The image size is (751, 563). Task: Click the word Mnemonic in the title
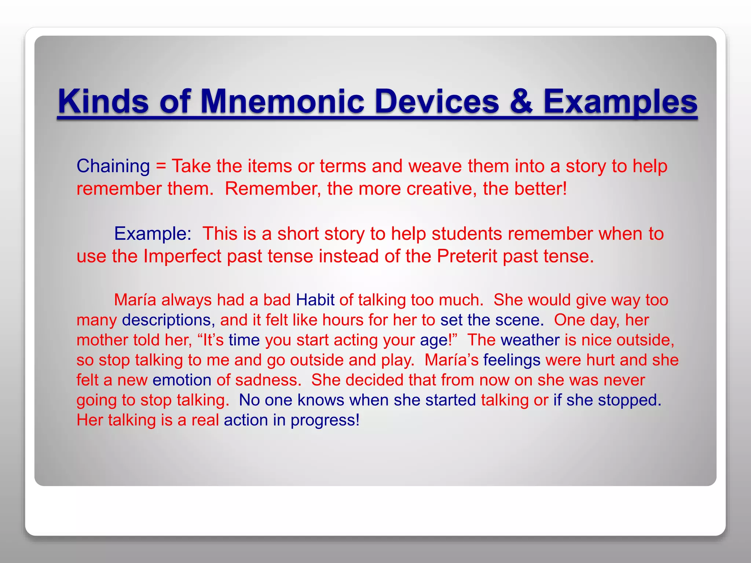coord(282,102)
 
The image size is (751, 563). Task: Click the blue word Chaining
coord(113,166)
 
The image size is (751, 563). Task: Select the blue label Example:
coord(153,234)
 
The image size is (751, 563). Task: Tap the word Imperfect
coord(182,256)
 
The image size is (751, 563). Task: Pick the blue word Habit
coord(315,300)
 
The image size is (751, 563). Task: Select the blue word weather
coord(530,340)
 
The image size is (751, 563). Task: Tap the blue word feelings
coord(512,360)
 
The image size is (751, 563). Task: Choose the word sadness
coord(268,380)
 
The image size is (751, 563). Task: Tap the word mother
coord(102,340)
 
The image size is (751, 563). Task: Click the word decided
coord(374,380)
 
